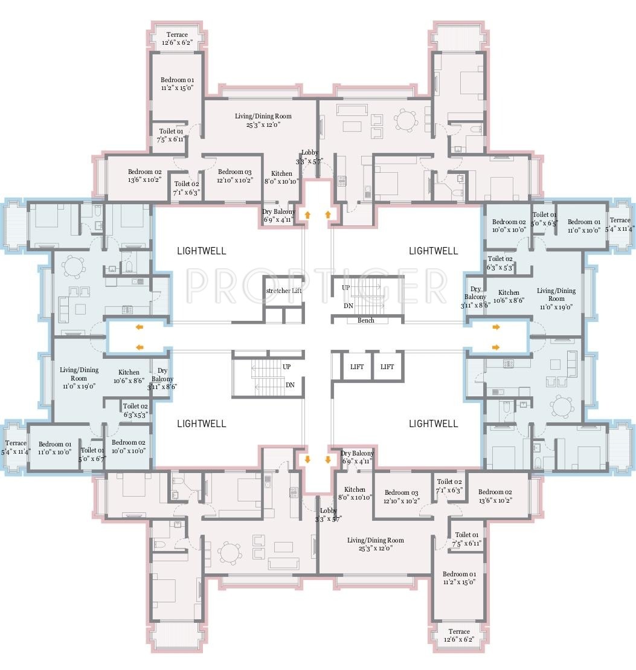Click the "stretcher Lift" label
click(284, 291)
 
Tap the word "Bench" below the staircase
click(366, 320)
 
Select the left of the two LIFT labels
click(357, 367)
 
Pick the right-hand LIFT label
click(387, 367)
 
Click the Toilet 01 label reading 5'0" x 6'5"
click(545, 219)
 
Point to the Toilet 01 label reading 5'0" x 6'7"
click(92, 454)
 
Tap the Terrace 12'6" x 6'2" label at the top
click(177, 39)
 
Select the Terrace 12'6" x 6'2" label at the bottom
click(459, 635)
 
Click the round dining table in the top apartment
click(406, 120)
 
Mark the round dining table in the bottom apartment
click(230, 553)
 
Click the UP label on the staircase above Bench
click(346, 288)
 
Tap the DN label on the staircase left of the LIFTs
click(290, 385)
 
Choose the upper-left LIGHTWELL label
click(202, 251)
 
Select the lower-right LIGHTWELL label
click(434, 424)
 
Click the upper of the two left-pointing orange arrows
click(140, 327)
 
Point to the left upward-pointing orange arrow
click(307, 214)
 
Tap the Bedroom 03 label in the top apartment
click(235, 176)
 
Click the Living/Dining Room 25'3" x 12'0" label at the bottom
click(376, 544)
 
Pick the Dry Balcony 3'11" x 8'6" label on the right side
click(475, 297)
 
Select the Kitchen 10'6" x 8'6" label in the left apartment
click(129, 376)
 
